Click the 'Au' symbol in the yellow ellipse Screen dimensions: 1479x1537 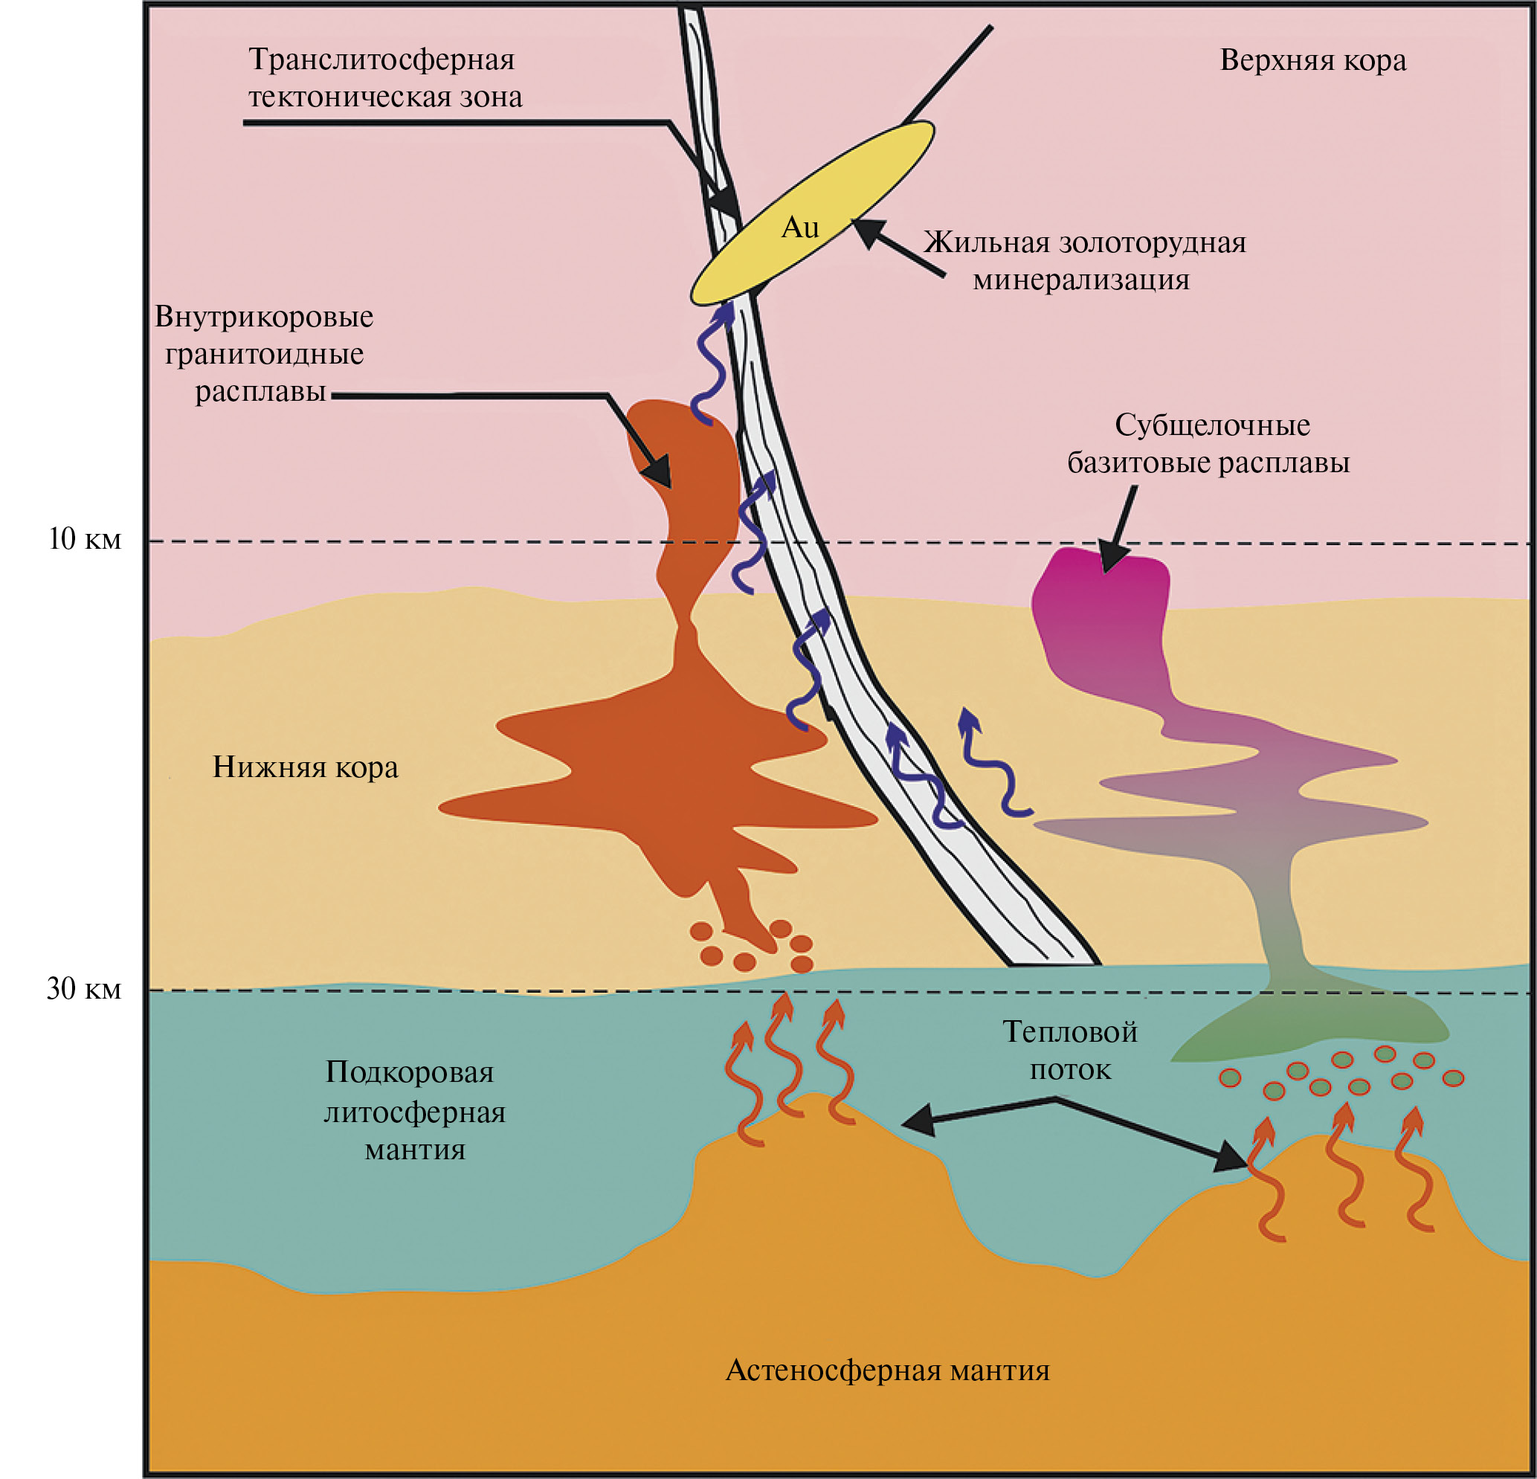800,228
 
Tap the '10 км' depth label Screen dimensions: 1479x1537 85,540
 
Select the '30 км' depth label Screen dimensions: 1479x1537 84,989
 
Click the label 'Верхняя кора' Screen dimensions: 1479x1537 1312,60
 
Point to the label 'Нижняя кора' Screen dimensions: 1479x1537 305,767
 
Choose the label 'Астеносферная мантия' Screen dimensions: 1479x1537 887,1370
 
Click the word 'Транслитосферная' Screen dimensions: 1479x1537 381,59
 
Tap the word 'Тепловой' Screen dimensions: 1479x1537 1069,1032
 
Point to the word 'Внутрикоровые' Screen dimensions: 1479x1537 263,317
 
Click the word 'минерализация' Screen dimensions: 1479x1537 1080,279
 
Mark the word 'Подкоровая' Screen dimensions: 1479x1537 409,1072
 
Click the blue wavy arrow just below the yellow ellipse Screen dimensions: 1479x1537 712,361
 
